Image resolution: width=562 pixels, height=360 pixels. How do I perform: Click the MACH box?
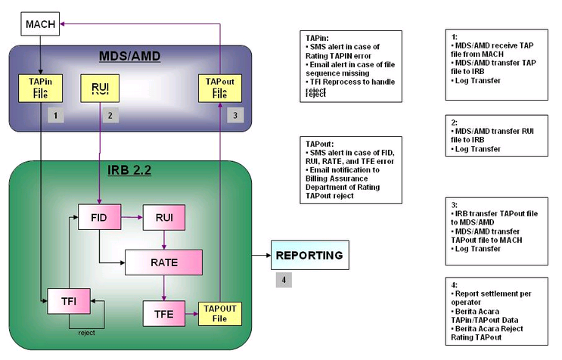(x=39, y=24)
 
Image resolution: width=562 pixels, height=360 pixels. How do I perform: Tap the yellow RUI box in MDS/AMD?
(x=101, y=88)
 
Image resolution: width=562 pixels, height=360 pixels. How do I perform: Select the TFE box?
(x=164, y=312)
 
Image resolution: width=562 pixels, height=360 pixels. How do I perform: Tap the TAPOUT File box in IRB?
(x=219, y=312)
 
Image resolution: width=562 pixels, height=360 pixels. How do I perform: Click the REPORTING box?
(x=310, y=256)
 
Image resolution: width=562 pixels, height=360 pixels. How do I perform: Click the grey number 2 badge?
(x=110, y=116)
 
